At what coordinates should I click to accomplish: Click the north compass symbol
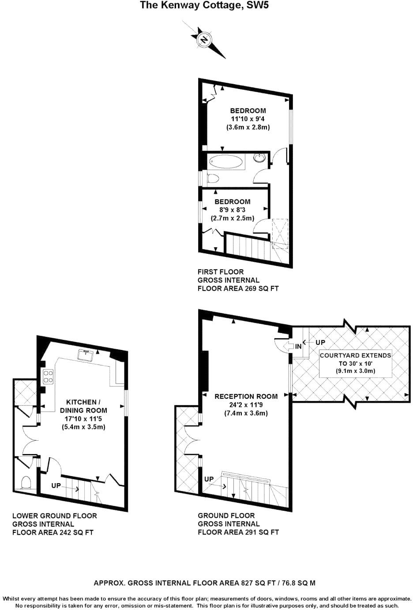[204, 40]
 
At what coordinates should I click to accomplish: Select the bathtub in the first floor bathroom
[226, 162]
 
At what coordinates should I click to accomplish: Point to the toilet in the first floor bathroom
[212, 179]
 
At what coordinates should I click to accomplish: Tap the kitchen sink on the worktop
[86, 354]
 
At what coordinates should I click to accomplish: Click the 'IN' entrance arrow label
[298, 346]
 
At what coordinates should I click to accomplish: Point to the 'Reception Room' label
[246, 396]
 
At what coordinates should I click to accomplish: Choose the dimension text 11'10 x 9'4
[248, 119]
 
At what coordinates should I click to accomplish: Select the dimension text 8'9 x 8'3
[233, 210]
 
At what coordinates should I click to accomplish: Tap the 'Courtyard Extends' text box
[355, 363]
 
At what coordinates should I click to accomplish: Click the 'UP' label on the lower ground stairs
[56, 486]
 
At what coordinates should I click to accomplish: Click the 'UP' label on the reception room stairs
[209, 479]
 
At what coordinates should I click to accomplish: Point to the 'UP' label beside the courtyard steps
[320, 342]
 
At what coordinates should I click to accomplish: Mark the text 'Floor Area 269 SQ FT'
[238, 289]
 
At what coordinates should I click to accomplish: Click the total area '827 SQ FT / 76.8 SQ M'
[278, 583]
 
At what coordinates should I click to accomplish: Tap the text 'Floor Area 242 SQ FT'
[53, 532]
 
